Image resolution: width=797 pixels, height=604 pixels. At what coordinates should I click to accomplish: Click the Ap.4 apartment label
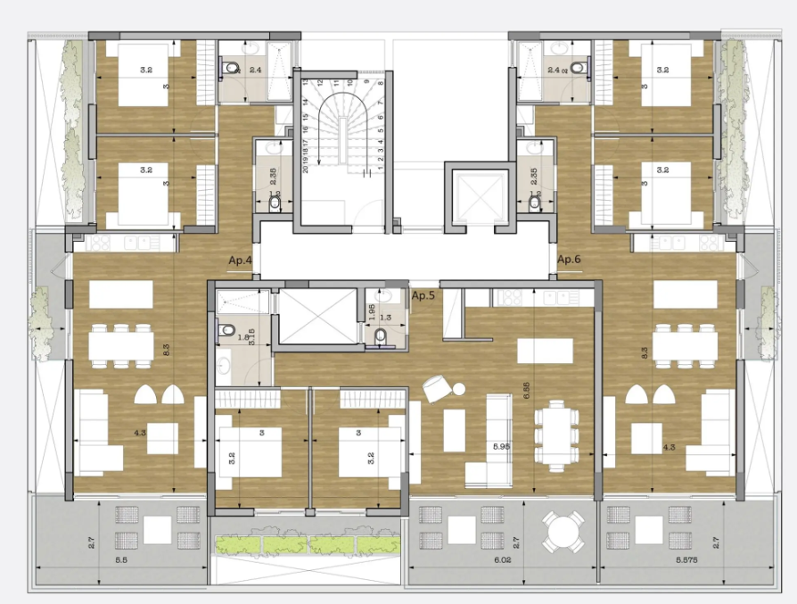241,260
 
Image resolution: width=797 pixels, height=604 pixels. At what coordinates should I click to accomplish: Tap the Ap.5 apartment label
423,295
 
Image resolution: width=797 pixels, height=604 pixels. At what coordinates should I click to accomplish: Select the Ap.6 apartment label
569,260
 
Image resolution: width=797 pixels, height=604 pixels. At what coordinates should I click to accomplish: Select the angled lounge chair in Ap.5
437,387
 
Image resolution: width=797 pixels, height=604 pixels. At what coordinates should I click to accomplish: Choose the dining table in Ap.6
685,343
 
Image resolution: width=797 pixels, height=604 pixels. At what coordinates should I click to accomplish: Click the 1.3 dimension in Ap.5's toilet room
385,317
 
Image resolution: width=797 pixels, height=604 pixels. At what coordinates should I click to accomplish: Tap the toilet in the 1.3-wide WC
382,335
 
